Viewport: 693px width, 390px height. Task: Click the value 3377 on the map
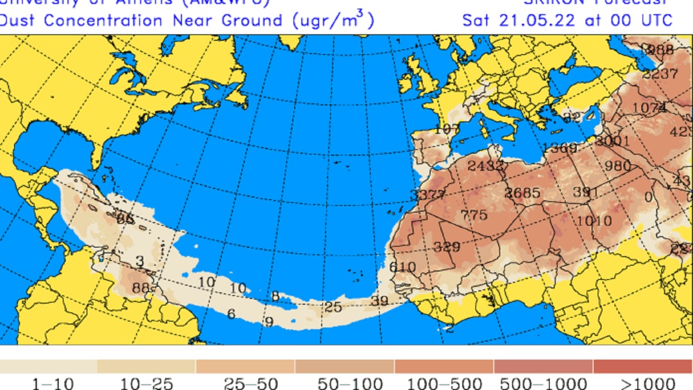(x=427, y=195)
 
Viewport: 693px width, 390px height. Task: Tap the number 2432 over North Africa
(x=486, y=166)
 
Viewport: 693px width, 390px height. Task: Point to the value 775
(x=474, y=215)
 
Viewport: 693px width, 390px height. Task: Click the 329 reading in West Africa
(x=447, y=247)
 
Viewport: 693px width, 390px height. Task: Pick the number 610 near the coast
(x=402, y=267)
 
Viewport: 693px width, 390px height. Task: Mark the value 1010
(x=595, y=221)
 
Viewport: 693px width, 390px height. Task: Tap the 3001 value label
(x=612, y=141)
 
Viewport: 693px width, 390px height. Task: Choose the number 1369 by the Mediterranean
(x=560, y=148)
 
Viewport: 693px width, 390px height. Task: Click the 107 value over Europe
(x=447, y=129)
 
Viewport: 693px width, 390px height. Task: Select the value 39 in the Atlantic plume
(x=379, y=301)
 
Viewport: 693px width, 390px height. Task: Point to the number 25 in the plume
(x=332, y=307)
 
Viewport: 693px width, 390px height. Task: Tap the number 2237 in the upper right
(x=660, y=74)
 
